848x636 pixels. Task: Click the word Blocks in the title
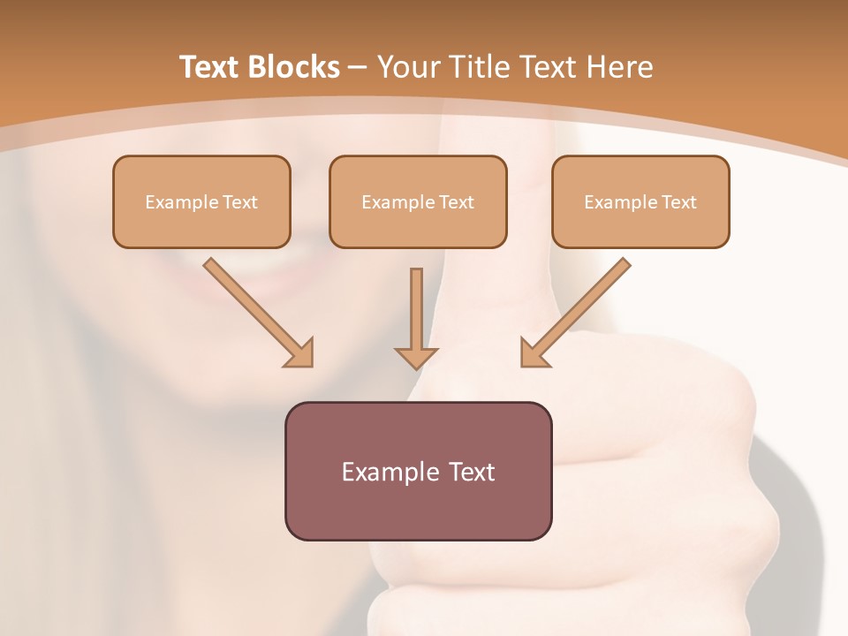[296, 67]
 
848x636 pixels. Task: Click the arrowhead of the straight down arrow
[416, 357]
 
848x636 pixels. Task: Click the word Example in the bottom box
[385, 472]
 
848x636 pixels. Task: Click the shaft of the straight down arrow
[416, 305]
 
